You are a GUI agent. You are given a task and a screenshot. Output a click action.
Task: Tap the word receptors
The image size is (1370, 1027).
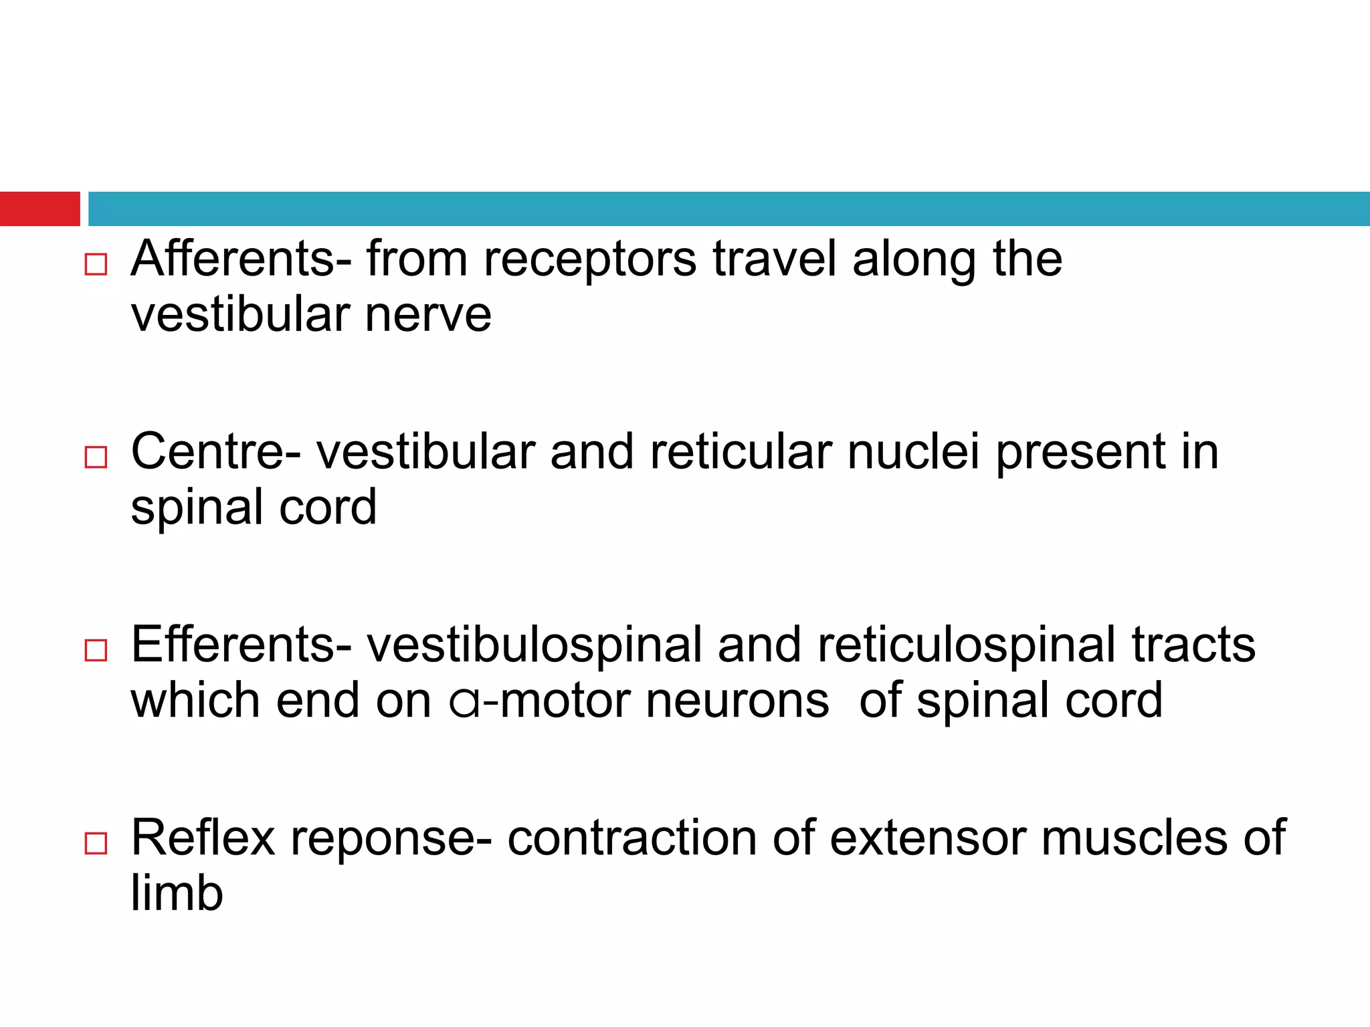pos(589,260)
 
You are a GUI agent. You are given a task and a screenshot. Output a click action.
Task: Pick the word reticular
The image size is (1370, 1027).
pos(741,452)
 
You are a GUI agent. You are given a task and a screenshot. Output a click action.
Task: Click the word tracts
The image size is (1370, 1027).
pos(1193,645)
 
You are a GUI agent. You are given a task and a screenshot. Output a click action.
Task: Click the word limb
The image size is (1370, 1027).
pos(177,893)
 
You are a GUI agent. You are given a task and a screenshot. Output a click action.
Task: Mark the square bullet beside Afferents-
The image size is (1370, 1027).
pos(96,265)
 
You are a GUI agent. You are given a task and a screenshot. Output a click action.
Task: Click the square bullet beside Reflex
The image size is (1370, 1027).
pos(96,844)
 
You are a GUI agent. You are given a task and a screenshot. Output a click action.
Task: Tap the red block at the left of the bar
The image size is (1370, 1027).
pos(39,209)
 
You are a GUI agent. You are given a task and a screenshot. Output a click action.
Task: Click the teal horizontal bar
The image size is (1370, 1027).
pos(729,209)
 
